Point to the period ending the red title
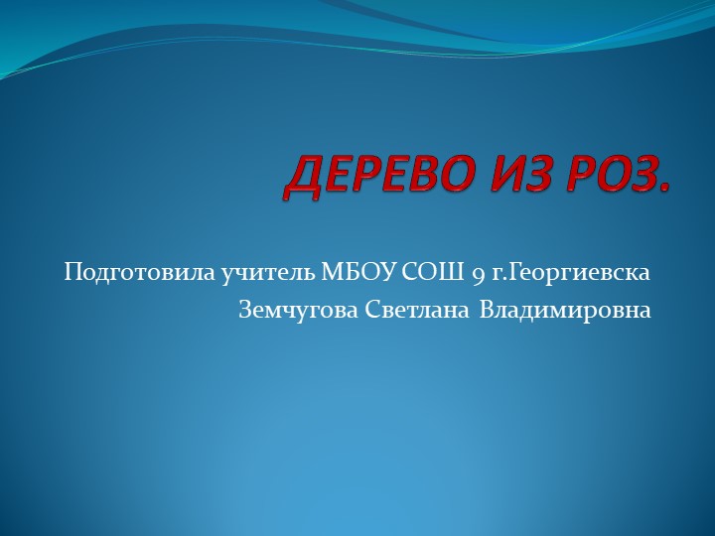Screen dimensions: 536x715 (x=663, y=192)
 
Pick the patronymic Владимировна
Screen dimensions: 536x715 (x=565, y=310)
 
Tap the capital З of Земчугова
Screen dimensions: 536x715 (x=245, y=310)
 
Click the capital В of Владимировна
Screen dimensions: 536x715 (x=487, y=310)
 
